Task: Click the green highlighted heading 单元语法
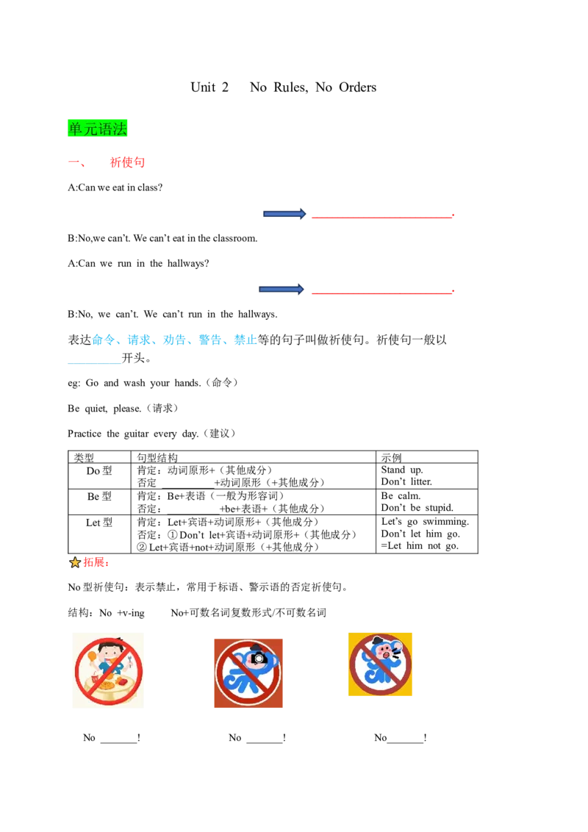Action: tap(98, 129)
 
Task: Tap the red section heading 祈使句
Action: tap(127, 162)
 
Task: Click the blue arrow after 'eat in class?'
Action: tap(284, 214)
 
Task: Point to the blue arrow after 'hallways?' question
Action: tap(282, 289)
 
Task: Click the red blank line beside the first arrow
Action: tap(383, 217)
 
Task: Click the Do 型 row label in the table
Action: tap(99, 470)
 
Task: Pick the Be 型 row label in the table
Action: tap(99, 496)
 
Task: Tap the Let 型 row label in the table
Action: tap(99, 523)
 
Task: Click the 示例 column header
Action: tap(392, 457)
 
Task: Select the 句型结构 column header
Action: tap(157, 457)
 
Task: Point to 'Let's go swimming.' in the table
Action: tap(425, 522)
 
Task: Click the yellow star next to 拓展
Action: tap(75, 562)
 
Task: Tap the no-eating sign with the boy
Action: tap(108, 671)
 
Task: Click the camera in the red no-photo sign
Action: tap(259, 658)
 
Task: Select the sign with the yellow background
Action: tap(380, 664)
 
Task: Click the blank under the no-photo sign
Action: tap(265, 742)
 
